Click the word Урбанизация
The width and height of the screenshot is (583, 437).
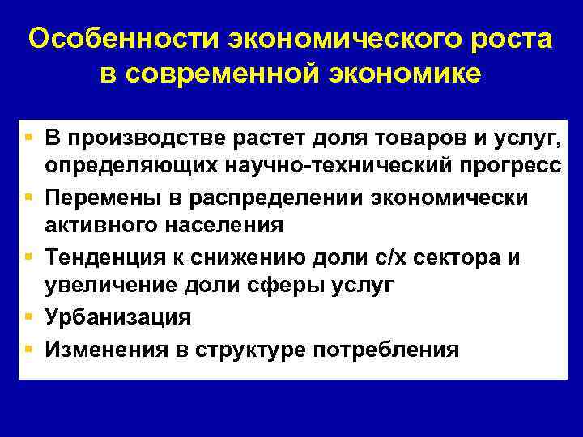coord(118,316)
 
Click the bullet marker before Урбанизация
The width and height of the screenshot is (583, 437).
coord(29,316)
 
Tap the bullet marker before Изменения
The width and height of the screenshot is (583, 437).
coord(29,348)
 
